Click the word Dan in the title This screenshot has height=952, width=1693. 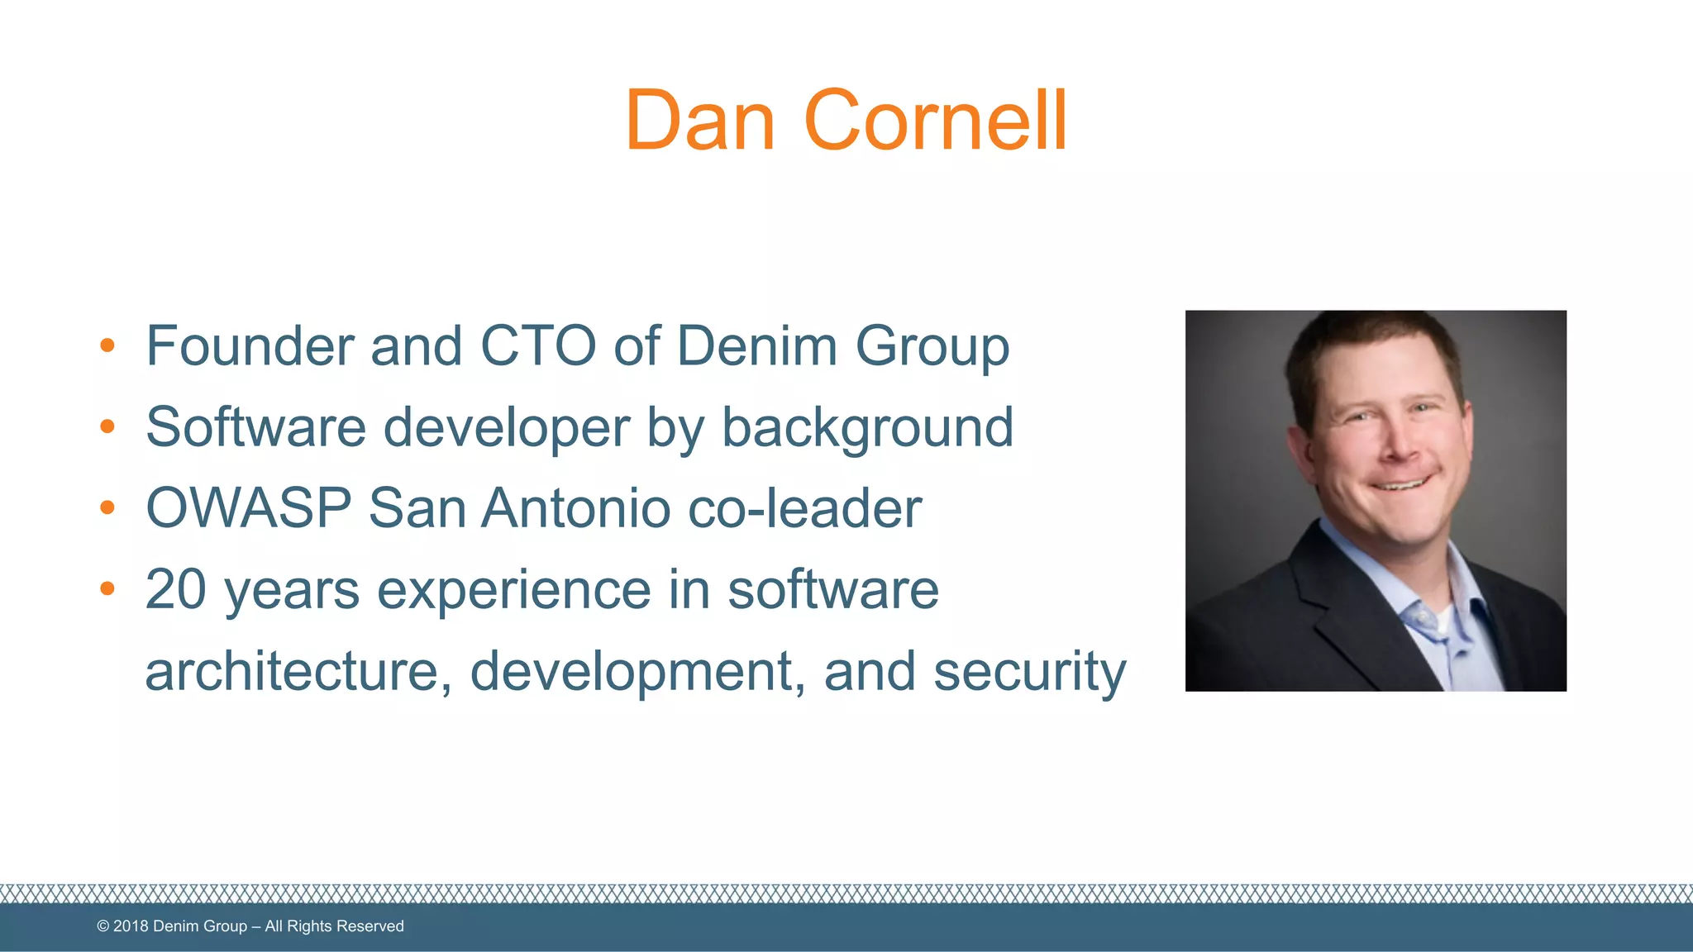coord(699,121)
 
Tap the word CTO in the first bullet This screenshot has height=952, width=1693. coord(537,345)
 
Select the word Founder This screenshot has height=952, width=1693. coord(250,345)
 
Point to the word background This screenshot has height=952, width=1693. coord(867,428)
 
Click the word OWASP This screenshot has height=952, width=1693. coord(248,507)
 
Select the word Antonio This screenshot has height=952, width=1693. coord(575,507)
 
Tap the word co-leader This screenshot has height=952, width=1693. coord(804,507)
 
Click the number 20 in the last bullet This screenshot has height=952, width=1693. coord(175,589)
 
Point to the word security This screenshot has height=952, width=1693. coord(1030,672)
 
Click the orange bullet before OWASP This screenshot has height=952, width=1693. coord(107,507)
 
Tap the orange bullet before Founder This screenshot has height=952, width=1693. coord(107,345)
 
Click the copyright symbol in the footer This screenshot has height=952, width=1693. coord(103,926)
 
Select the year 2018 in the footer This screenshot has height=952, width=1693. coord(131,926)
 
